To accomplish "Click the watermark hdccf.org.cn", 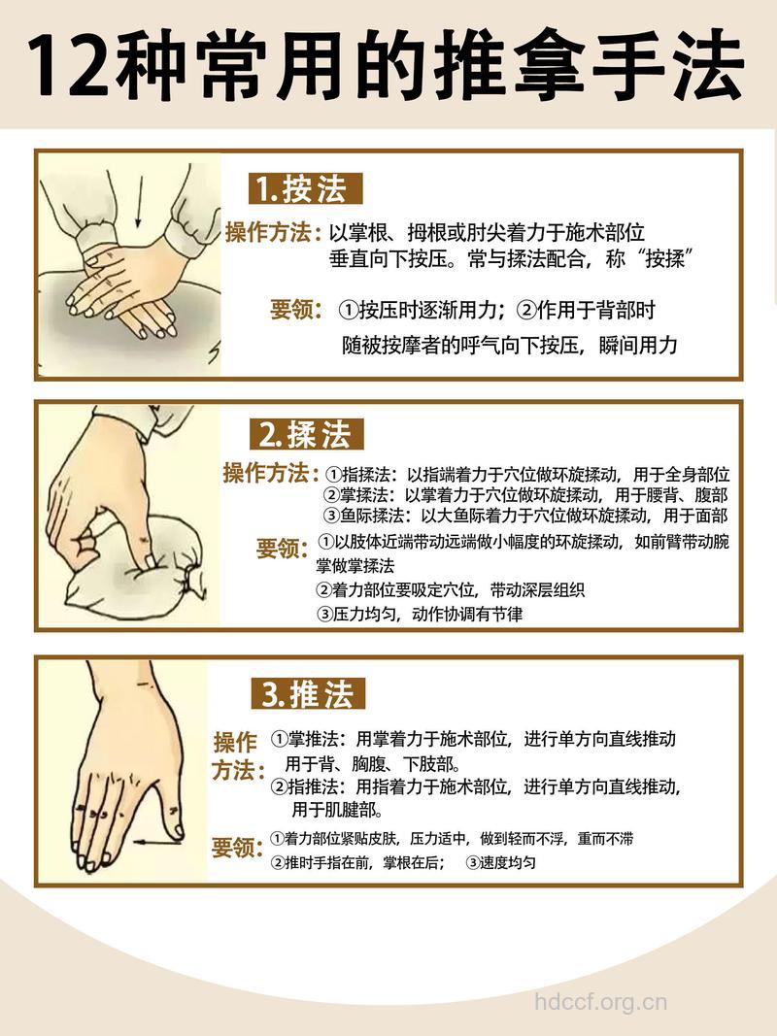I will pos(602,1002).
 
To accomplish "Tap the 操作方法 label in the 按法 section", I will pos(271,234).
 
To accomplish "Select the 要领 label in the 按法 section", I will pos(296,311).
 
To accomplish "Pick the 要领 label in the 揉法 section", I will pos(283,550).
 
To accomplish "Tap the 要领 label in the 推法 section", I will pos(237,847).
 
